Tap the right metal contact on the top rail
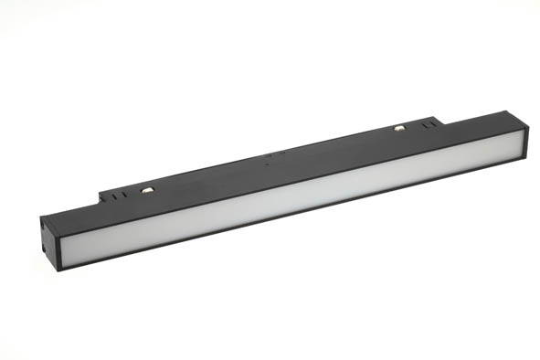tap(399, 128)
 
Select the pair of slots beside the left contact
tap(116, 194)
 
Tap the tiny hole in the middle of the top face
tap(266, 166)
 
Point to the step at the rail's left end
tap(101, 197)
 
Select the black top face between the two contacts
tap(274, 161)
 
